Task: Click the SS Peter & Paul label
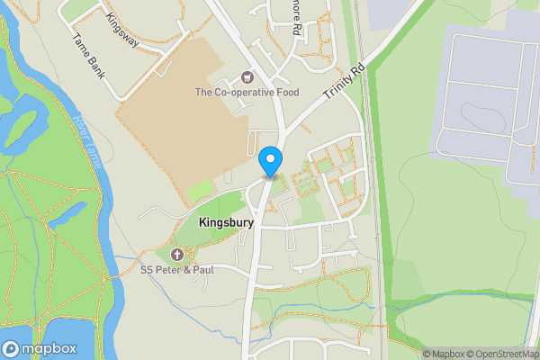click(177, 268)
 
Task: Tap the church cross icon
click(177, 254)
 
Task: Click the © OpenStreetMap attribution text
click(501, 354)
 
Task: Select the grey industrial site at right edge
click(486, 99)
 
